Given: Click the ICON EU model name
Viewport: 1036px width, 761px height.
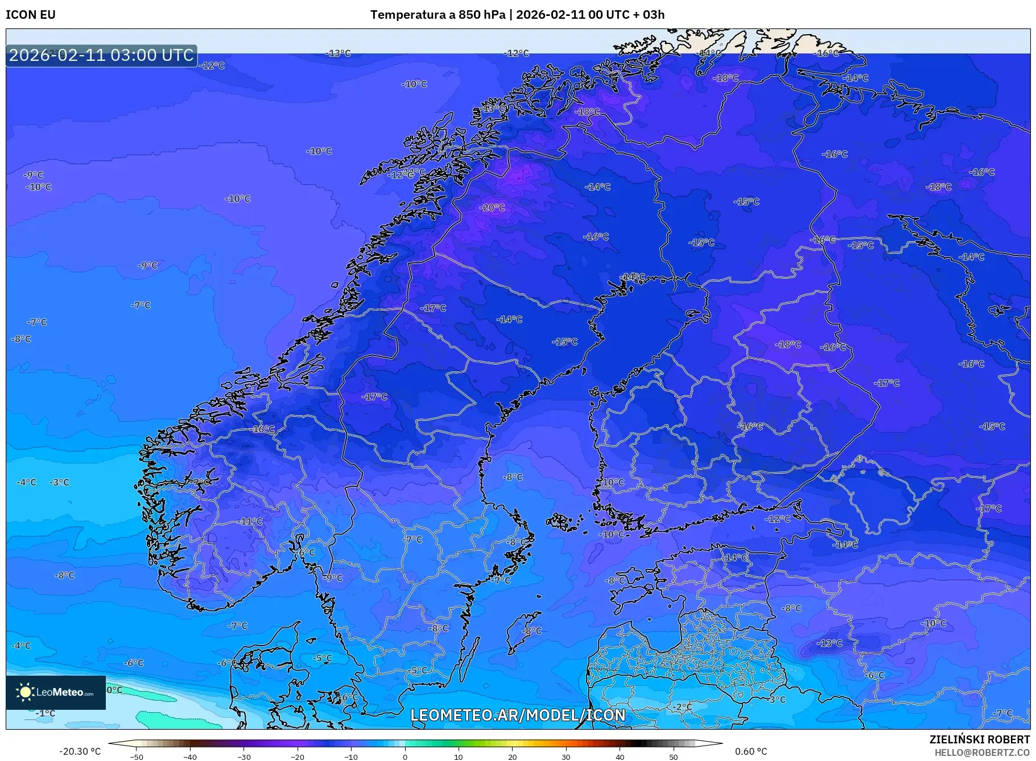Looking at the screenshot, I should (x=31, y=15).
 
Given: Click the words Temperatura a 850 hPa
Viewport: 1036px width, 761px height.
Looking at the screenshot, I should (x=437, y=15).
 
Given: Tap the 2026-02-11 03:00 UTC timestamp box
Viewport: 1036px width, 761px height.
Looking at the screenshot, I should (x=101, y=55).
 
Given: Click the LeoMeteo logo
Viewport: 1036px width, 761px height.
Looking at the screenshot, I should (x=56, y=692).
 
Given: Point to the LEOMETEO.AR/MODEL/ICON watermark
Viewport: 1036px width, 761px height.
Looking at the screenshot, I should (x=518, y=715).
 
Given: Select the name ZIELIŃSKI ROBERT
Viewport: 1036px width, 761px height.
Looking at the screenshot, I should (x=979, y=739).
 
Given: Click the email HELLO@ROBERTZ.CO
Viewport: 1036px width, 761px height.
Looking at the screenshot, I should (x=982, y=752).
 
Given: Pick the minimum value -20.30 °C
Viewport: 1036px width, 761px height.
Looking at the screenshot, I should (x=80, y=751).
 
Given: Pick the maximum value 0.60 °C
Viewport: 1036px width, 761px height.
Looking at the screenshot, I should (x=751, y=751).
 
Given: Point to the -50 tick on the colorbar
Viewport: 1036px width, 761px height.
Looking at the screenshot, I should (x=137, y=757).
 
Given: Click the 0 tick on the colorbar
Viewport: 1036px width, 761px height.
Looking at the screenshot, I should (x=405, y=757).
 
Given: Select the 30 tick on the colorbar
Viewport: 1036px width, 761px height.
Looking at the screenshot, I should (x=566, y=757).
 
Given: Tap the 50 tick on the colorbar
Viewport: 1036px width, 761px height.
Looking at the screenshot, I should (x=674, y=757).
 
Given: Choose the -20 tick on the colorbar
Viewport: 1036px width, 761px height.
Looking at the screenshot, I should (x=298, y=757).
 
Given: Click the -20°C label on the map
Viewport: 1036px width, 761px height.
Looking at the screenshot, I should (x=492, y=208).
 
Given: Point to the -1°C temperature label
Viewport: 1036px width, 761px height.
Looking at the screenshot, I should (x=46, y=713).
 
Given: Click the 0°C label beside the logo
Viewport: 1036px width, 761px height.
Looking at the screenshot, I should (x=114, y=690).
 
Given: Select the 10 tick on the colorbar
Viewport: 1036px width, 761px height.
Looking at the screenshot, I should (x=459, y=757).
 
